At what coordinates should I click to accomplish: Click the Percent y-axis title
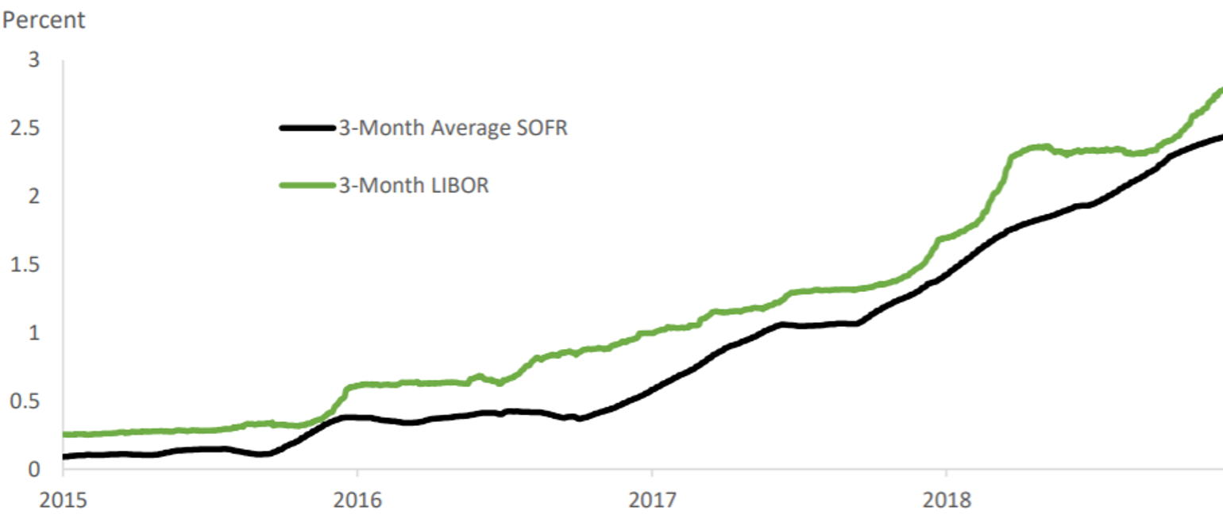43,21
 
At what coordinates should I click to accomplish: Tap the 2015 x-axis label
63,501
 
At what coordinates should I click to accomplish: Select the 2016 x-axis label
357,501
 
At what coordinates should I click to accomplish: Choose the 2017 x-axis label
651,501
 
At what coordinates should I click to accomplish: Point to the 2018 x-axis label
946,501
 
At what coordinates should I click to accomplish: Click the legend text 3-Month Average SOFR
453,128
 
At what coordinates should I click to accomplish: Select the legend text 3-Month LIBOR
413,186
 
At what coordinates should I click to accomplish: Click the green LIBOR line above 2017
651,332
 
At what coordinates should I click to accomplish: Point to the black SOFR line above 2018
946,276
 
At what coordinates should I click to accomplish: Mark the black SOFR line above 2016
357,416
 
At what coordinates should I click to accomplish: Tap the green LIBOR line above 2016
357,386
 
